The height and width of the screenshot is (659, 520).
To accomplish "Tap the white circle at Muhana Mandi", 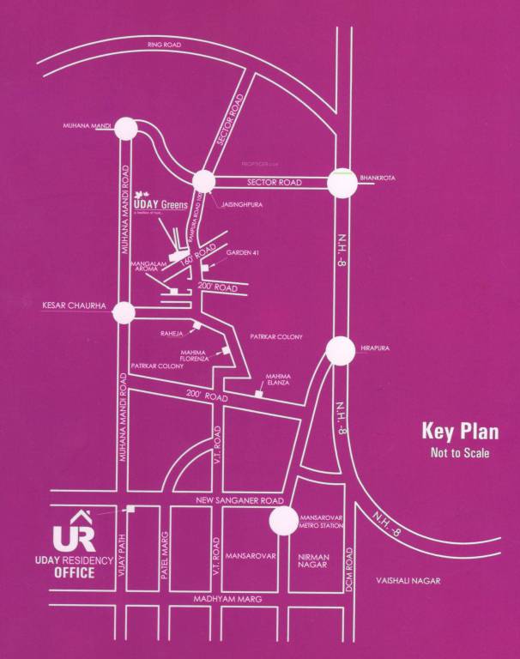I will point(126,129).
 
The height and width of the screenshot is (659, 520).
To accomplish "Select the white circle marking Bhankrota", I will point(341,182).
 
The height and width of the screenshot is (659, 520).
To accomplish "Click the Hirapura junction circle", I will point(341,350).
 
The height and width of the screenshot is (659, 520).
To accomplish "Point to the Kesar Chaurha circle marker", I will point(126,312).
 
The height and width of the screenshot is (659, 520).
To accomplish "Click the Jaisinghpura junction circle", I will point(203,182).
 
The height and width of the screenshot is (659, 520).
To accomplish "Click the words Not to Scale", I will point(460,452).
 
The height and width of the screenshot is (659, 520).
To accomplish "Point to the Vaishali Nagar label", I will point(408,581).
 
